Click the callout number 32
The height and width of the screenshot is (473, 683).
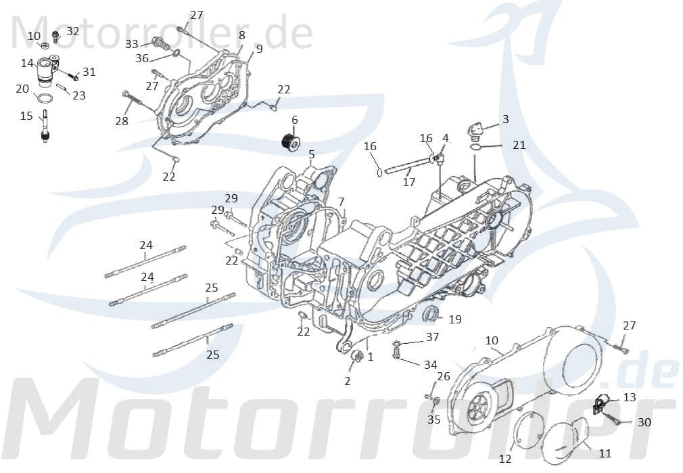pos(72,31)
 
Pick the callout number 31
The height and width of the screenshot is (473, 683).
pos(89,72)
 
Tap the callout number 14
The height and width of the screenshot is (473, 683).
pos(26,63)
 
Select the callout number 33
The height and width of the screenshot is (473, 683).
pos(132,44)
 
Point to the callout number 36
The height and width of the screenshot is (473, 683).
pos(142,58)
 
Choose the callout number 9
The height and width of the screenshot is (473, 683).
pos(259,49)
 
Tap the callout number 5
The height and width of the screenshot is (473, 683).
pos(311,154)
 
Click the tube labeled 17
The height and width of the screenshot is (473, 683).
pos(406,164)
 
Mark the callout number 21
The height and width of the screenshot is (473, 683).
pos(519,145)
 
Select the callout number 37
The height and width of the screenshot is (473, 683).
pos(432,337)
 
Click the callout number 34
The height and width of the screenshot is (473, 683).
pos(431,365)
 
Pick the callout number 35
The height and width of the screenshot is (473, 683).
pos(434,420)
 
